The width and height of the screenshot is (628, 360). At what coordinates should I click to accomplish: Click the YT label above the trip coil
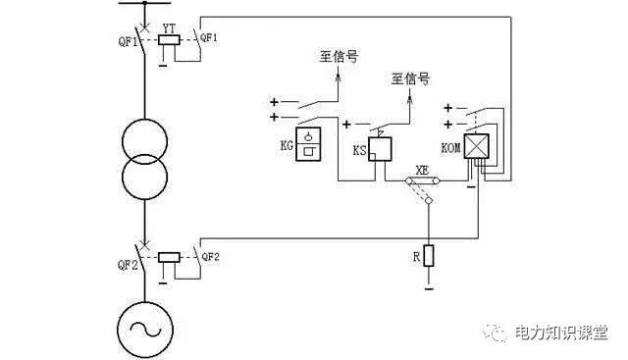coord(170,28)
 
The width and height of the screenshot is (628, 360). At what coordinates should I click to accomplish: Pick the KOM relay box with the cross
coord(478,146)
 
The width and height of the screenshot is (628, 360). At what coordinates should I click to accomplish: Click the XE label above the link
coord(423,169)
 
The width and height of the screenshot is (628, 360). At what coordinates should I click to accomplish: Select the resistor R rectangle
coord(429,257)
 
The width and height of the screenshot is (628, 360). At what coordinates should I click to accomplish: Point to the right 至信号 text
coord(411,77)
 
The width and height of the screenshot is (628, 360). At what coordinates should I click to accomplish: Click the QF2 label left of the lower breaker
coord(127,264)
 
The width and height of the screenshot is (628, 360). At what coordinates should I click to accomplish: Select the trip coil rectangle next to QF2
coord(169,257)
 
